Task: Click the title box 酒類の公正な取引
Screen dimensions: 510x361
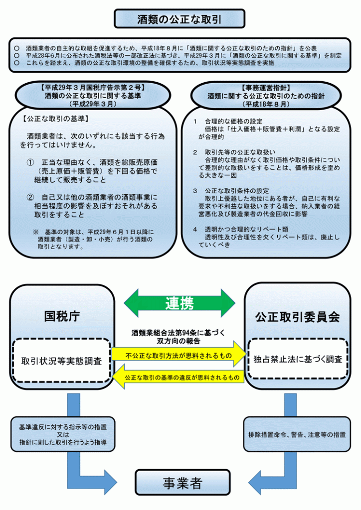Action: (x=180, y=19)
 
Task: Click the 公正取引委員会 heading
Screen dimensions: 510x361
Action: (x=297, y=316)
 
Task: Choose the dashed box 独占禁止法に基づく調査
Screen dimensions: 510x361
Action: (x=298, y=359)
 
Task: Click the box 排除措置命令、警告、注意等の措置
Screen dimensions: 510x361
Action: (x=297, y=434)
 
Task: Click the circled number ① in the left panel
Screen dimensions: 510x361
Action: (x=30, y=162)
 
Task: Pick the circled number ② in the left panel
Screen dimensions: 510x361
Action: (x=30, y=197)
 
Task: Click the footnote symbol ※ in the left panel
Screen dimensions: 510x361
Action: (x=36, y=232)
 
